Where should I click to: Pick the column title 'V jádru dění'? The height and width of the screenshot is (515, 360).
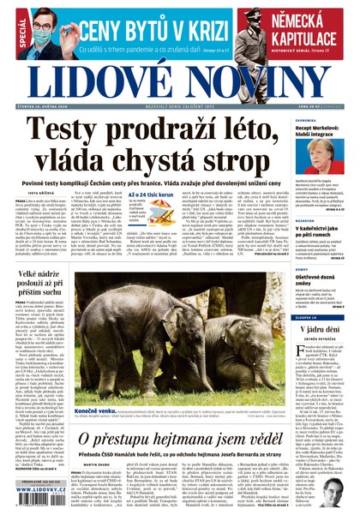coord(326,330)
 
